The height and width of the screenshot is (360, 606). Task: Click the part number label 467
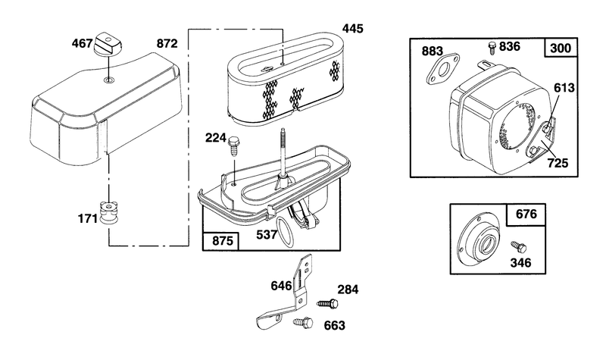(82, 43)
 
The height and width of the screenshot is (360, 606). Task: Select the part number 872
(167, 43)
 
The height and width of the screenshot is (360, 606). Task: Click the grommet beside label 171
(109, 212)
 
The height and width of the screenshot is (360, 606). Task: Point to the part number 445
(352, 28)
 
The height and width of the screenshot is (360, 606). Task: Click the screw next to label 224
(234, 146)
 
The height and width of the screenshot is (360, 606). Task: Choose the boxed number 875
(223, 241)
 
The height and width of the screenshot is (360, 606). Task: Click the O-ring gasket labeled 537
(286, 233)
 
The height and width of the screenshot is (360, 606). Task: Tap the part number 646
(281, 286)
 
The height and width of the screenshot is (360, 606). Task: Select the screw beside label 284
(327, 304)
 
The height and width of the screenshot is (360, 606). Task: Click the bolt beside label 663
(303, 323)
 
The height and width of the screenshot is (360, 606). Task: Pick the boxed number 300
(561, 48)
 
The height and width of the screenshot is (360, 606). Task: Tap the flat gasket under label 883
(443, 69)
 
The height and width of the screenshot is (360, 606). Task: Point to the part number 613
(564, 88)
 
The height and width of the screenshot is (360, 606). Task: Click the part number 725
(558, 163)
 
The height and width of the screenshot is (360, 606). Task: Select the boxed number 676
(526, 214)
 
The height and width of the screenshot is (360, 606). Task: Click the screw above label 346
(519, 247)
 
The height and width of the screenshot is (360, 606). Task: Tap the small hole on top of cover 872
(108, 80)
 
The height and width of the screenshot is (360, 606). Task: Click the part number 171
(88, 218)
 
